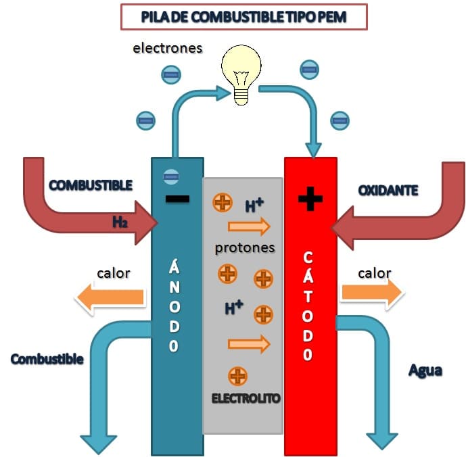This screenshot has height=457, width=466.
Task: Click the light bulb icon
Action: (x=241, y=75)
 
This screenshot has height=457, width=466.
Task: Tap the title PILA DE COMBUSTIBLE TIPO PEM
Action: (x=243, y=17)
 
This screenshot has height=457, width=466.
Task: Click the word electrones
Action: (x=167, y=48)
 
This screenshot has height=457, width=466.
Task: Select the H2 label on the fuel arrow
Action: (x=120, y=222)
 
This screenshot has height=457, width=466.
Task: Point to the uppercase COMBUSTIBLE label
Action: (x=91, y=185)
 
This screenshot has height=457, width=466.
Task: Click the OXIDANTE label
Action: (x=388, y=191)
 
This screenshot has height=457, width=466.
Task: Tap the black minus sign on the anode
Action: (x=177, y=199)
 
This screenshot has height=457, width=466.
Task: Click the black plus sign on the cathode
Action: (x=310, y=199)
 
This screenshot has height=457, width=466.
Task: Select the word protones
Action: (x=245, y=248)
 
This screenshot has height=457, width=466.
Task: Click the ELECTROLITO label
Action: (x=246, y=398)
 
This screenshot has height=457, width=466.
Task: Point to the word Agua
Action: (x=425, y=371)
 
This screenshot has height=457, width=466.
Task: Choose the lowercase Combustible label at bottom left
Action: (x=47, y=359)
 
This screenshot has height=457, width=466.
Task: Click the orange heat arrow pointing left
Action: (x=110, y=297)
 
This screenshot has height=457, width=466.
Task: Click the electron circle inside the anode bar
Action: (x=171, y=177)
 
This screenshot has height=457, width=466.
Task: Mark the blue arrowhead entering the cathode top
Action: (x=314, y=150)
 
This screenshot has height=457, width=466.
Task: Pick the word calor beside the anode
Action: (x=114, y=273)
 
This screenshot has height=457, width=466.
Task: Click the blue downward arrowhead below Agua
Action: (x=382, y=441)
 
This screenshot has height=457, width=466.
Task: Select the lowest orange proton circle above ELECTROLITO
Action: (x=237, y=376)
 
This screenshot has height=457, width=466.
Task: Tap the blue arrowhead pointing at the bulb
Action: (x=223, y=93)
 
